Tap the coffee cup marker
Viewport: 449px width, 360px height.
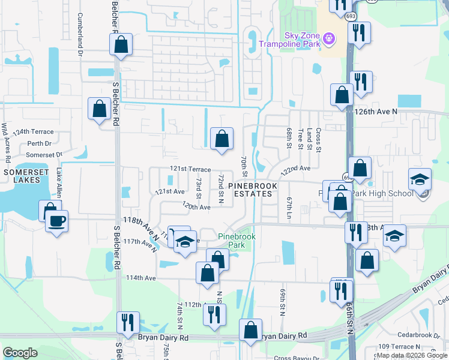point(57,221)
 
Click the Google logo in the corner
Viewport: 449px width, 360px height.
point(20,353)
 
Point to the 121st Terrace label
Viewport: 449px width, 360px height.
point(190,170)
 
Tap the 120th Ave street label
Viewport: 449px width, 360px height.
point(196,207)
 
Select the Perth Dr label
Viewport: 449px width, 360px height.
point(40,144)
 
